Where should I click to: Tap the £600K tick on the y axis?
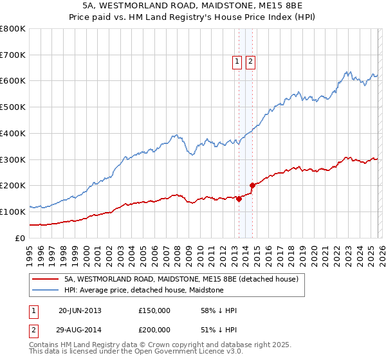13,81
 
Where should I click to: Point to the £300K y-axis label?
13,159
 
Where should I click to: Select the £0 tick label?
21,238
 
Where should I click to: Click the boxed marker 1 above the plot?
236,62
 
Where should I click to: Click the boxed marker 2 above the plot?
250,62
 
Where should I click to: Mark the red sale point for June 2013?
239,199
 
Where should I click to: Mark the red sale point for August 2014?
253,185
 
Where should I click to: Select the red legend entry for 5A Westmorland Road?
181,280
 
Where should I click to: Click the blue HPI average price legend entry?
143,291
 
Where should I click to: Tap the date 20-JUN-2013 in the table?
80,310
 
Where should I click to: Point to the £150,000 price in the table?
154,310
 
